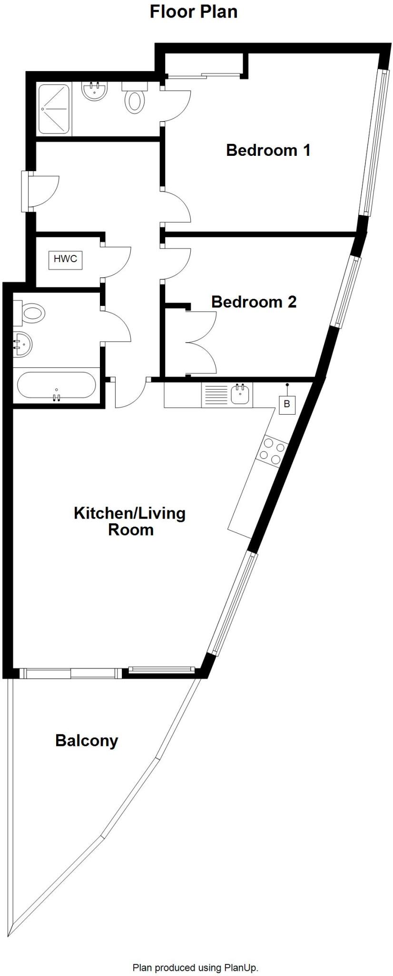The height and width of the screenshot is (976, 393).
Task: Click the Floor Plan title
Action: click(194, 11)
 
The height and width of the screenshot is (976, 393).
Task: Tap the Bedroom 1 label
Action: click(268, 150)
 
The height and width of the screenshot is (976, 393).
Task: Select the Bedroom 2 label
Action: click(254, 302)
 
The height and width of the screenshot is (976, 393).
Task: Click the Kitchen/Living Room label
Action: click(129, 521)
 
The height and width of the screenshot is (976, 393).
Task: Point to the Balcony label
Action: click(87, 740)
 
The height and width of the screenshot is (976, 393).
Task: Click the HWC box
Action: click(66, 260)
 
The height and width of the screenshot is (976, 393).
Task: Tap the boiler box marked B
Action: click(287, 405)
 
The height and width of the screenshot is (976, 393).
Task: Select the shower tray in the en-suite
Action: click(54, 109)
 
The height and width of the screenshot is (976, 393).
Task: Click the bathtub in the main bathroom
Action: click(56, 385)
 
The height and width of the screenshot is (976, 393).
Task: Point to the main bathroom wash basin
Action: click(22, 343)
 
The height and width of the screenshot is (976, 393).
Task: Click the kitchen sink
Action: click(241, 395)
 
